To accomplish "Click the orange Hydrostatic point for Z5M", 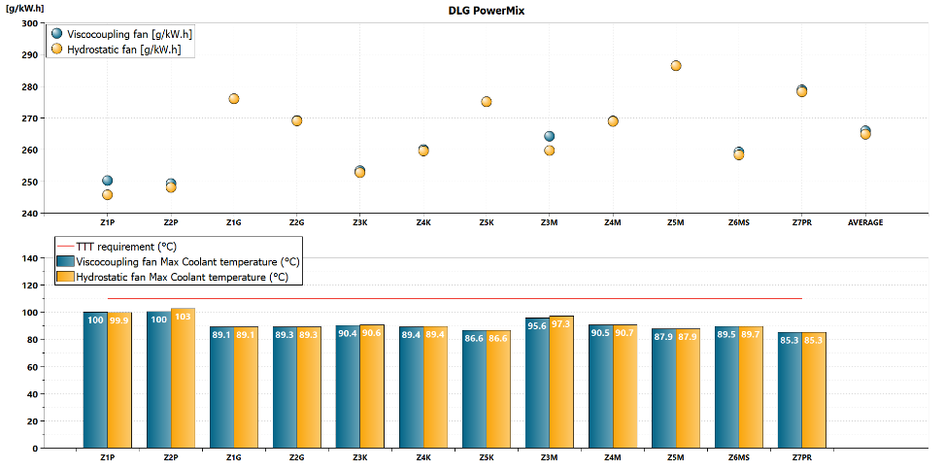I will (x=676, y=66).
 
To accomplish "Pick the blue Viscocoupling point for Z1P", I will (x=107, y=181).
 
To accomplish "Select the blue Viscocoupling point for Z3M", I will (x=549, y=137).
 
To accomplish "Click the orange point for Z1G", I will (x=234, y=99).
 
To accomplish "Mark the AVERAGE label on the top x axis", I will (x=865, y=222).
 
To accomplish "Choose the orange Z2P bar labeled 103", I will (x=183, y=378).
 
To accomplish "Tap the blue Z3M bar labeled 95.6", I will (x=537, y=383).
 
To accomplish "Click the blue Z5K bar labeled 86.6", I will (x=474, y=389).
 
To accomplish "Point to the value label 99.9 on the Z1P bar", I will (x=119, y=319).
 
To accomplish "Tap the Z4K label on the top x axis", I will (x=423, y=222).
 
